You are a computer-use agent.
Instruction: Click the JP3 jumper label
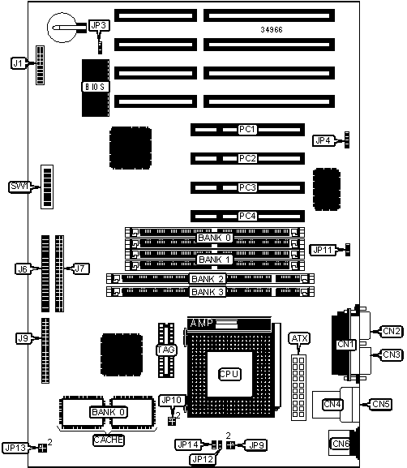(x=99, y=26)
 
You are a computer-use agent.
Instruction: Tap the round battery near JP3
(x=62, y=28)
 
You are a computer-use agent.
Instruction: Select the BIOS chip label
(x=95, y=87)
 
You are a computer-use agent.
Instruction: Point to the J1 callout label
(x=19, y=63)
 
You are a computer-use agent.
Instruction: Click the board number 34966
(x=272, y=29)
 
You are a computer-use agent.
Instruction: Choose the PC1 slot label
(x=247, y=130)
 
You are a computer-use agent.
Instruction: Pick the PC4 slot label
(x=247, y=216)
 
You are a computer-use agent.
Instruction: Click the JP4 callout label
(x=323, y=140)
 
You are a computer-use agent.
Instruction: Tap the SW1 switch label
(x=19, y=187)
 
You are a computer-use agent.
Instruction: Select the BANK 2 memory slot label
(x=208, y=279)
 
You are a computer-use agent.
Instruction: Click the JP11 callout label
(x=323, y=250)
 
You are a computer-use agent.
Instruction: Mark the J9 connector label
(x=24, y=338)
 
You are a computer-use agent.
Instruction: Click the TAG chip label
(x=166, y=350)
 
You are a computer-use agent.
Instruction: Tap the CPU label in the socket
(x=229, y=374)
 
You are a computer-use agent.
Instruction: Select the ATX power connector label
(x=299, y=338)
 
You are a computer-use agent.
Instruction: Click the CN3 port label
(x=391, y=354)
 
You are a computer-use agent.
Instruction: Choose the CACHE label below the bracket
(x=109, y=440)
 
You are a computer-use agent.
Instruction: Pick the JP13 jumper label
(x=15, y=448)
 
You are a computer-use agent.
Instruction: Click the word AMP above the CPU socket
(x=202, y=323)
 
